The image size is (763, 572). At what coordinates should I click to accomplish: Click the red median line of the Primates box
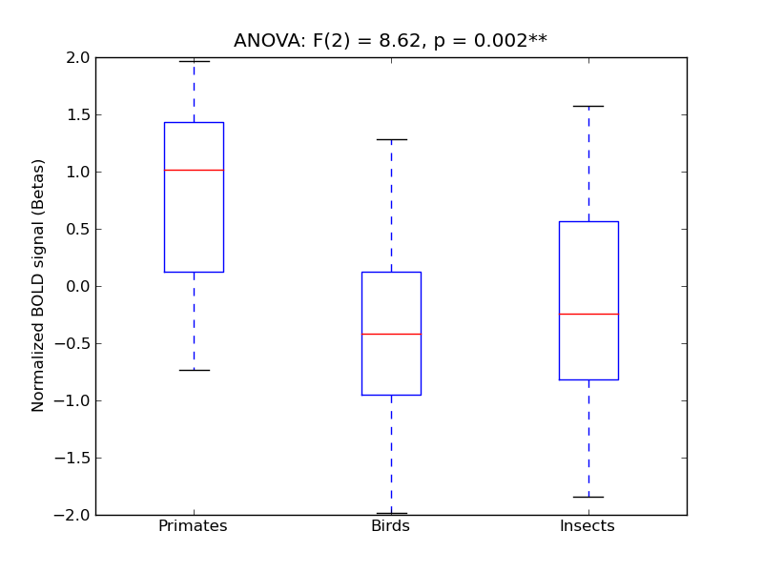pos(194,170)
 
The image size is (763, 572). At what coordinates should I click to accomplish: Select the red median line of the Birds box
pos(391,334)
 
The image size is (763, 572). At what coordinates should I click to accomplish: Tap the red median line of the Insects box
pos(588,314)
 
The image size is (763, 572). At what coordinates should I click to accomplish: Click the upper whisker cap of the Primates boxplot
pos(194,61)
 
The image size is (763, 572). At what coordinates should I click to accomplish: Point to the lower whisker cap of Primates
pos(194,370)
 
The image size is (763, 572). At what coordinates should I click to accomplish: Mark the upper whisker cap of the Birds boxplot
pos(391,139)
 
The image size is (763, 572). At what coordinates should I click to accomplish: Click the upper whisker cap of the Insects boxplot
pos(588,106)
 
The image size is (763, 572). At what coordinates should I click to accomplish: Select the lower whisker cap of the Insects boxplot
pos(588,497)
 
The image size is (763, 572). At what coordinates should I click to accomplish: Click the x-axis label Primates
pos(193,526)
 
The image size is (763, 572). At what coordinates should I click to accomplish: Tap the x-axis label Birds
pos(390,526)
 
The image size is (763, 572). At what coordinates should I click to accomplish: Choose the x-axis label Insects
pos(587,526)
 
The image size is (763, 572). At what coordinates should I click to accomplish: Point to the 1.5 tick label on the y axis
pos(76,114)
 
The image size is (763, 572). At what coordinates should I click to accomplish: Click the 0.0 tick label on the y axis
pos(76,286)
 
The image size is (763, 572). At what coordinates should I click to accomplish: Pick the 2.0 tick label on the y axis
pos(76,57)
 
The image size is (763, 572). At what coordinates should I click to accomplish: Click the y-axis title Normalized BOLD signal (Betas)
pos(38,286)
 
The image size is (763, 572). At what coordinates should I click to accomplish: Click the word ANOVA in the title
pos(269,41)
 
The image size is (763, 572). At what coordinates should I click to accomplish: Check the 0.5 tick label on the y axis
pos(76,229)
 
